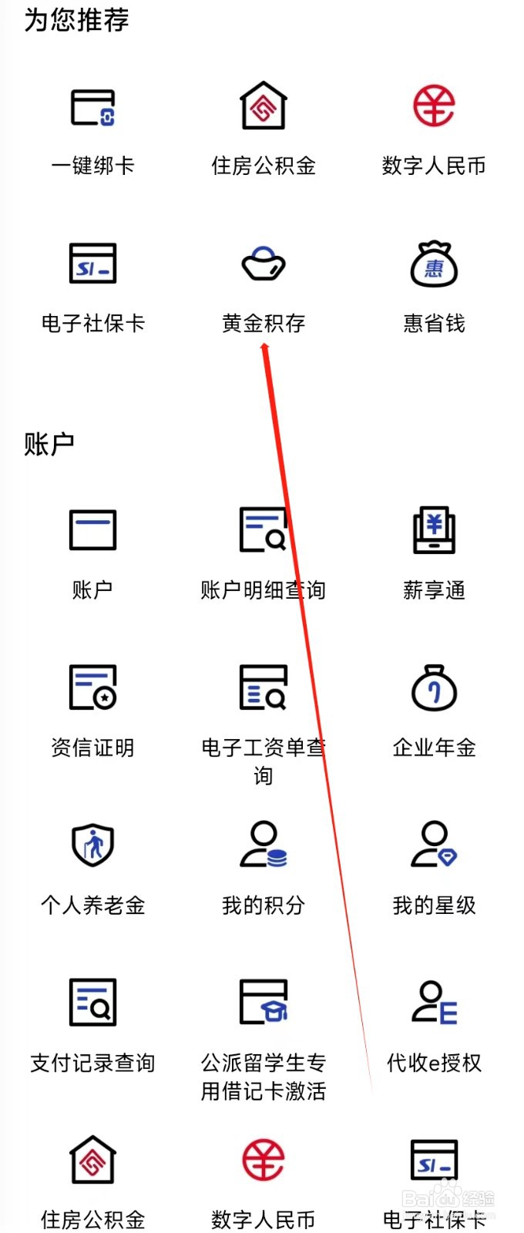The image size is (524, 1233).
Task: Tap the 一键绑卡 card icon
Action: tap(93, 107)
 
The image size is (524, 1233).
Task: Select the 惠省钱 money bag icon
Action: tap(434, 264)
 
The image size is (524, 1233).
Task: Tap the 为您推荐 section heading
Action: tap(76, 20)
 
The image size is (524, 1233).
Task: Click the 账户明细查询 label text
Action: tap(263, 590)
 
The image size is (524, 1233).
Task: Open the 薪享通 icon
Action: tap(434, 530)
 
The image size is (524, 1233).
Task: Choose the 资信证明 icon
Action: tap(93, 687)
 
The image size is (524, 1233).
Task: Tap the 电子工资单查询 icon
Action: tap(264, 687)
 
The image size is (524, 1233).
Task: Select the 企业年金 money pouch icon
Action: tap(434, 687)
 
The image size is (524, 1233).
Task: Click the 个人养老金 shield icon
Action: tap(93, 845)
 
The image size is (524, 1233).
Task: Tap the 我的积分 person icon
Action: tap(264, 845)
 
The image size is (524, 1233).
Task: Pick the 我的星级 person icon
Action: tap(434, 845)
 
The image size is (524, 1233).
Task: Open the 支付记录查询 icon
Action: tap(93, 1002)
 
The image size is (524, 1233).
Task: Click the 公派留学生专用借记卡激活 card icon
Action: tap(264, 1002)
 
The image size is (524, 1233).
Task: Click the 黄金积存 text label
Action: tap(264, 323)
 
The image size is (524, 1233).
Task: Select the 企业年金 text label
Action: tap(434, 748)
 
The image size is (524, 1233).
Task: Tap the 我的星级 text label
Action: tap(434, 905)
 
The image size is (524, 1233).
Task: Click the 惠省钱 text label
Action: tap(434, 323)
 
